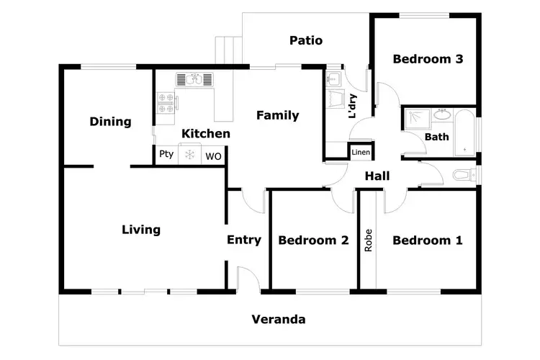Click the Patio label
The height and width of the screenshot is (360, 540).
click(x=306, y=40)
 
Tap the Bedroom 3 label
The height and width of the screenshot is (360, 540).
click(x=427, y=59)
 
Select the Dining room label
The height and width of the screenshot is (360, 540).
click(x=110, y=122)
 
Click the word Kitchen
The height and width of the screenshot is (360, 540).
click(x=206, y=133)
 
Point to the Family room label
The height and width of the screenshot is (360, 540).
click(x=277, y=115)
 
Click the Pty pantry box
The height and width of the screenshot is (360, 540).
click(x=166, y=154)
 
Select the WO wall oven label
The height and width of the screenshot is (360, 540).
click(x=214, y=156)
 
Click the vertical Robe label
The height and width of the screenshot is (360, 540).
click(x=368, y=240)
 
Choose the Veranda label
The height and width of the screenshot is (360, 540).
click(x=278, y=319)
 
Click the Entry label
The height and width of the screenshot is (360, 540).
click(x=244, y=240)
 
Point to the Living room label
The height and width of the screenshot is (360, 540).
click(x=140, y=230)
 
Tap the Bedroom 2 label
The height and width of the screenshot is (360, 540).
click(x=313, y=240)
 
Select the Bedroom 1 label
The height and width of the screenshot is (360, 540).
click(x=427, y=240)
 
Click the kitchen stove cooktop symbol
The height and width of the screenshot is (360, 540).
click(x=166, y=104)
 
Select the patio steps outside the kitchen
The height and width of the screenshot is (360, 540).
click(x=229, y=50)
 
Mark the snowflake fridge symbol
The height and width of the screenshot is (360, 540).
click(x=190, y=155)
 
